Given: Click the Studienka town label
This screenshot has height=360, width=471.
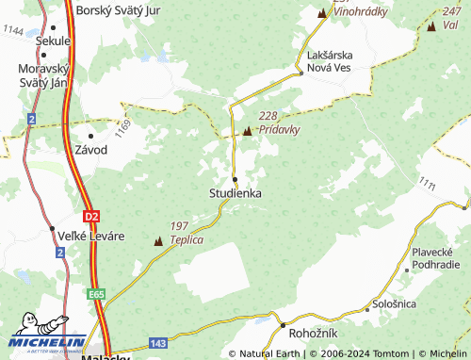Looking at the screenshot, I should click(x=235, y=192).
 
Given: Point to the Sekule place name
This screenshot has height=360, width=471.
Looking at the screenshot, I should click(x=53, y=41).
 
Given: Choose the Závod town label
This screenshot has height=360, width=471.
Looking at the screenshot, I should click(x=91, y=150).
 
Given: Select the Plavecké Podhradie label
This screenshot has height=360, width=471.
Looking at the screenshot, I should click(x=435, y=258).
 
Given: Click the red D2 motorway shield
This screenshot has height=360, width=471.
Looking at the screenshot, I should click(x=89, y=216).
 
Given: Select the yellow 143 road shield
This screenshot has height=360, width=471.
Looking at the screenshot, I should click(x=158, y=343).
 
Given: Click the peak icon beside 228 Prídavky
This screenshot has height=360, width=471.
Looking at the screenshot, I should click(x=248, y=131).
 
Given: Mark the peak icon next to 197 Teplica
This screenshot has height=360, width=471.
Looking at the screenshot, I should click(x=158, y=241).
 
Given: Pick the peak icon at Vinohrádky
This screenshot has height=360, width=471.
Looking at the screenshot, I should click(x=322, y=13).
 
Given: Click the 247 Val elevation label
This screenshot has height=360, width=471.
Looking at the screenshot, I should click(x=450, y=18).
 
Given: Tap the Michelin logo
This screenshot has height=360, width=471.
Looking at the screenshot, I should click(x=47, y=335).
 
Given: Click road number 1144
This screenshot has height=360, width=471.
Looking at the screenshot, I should click(x=13, y=31).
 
